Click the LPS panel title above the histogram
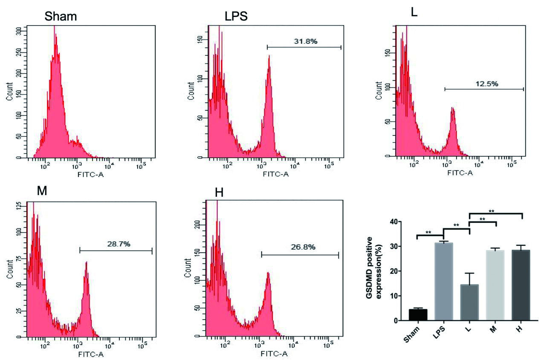[x=236, y=16]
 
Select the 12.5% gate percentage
[x=486, y=83]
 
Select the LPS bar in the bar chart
[x=444, y=281]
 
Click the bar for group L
[x=469, y=302]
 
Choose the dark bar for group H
[x=521, y=285]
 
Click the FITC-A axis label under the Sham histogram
[x=90, y=174]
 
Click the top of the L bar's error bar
[x=469, y=273]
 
